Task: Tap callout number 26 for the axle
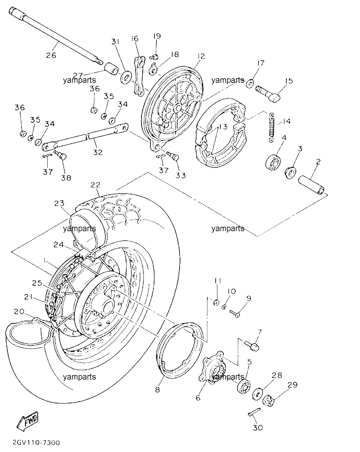coord(51,55)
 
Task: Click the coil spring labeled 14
coord(272,128)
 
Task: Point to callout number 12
coord(201,56)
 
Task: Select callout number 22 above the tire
coord(96,185)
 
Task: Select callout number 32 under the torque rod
coord(98,152)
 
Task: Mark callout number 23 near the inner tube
coord(59,203)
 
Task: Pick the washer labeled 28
coord(257,394)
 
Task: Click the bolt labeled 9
coord(235,314)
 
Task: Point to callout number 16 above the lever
coord(135,39)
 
